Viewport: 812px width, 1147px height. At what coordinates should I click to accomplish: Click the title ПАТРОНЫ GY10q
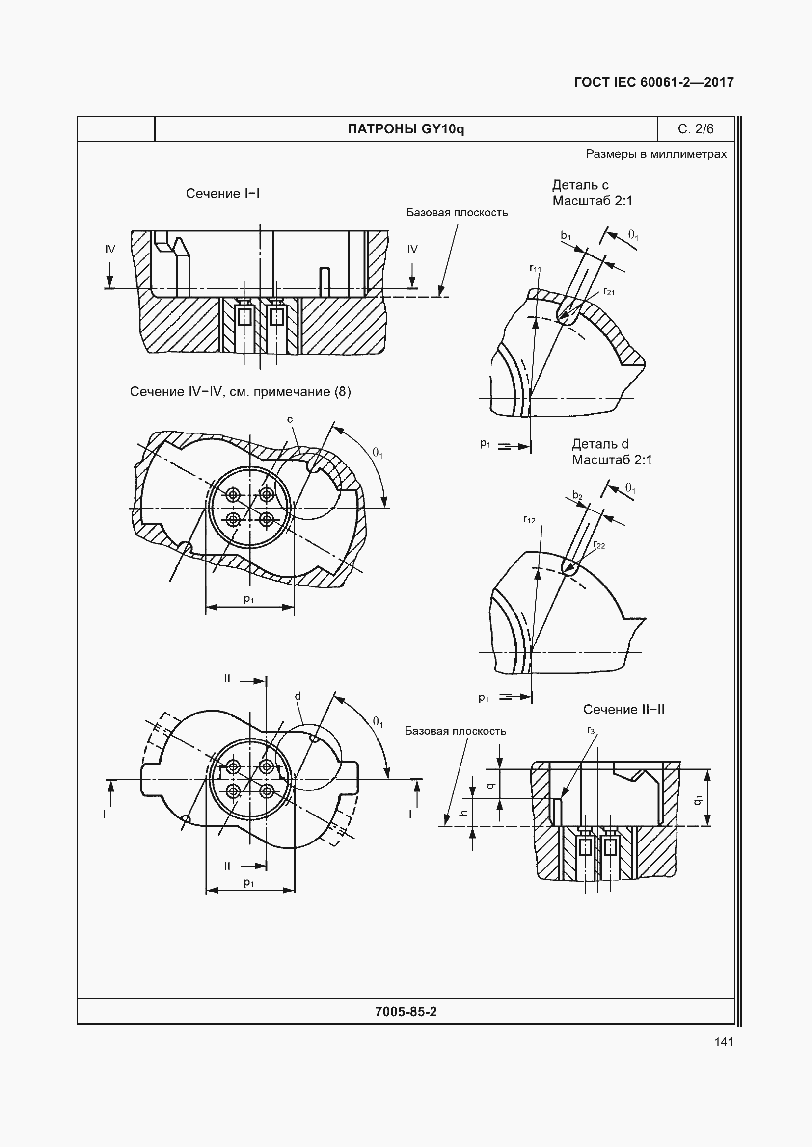[x=406, y=129]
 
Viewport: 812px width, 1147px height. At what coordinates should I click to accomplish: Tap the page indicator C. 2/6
[x=696, y=129]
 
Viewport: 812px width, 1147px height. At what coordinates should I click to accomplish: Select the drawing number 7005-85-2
[x=406, y=1012]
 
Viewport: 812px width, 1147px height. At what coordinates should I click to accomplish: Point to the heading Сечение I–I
[x=222, y=193]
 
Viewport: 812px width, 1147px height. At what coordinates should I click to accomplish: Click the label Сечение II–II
[x=623, y=710]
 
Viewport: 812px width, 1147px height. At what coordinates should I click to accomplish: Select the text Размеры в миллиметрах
[x=656, y=154]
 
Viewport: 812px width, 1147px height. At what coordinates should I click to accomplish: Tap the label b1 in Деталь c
[x=566, y=235]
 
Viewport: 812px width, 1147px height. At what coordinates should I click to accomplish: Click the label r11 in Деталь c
[x=535, y=268]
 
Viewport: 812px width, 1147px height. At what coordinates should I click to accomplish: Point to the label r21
[x=609, y=291]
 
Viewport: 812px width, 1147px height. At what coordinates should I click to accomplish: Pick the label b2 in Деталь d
[x=577, y=495]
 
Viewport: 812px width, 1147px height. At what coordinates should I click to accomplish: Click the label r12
[x=529, y=519]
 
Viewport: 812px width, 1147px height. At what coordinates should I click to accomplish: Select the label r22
[x=599, y=544]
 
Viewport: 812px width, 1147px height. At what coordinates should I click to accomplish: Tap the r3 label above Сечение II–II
[x=591, y=730]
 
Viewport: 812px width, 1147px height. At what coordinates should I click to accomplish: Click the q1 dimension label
[x=698, y=800]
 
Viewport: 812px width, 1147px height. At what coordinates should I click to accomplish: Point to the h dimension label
[x=463, y=813]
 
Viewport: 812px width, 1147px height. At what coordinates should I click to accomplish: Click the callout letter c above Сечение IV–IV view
[x=290, y=420]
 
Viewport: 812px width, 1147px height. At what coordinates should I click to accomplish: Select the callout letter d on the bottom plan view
[x=298, y=696]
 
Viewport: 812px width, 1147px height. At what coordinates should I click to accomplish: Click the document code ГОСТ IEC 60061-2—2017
[x=654, y=82]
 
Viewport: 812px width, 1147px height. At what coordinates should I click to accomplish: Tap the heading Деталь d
[x=600, y=444]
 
